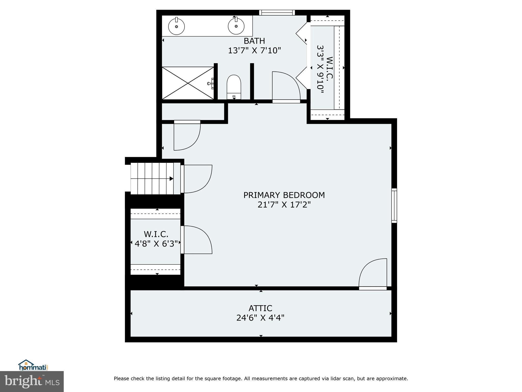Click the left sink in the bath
coord(176,26)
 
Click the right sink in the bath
coord(236,26)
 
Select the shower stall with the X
coord(188,83)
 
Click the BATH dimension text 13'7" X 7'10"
coord(254,51)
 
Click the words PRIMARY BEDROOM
coord(284,195)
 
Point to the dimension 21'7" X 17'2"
coord(284,205)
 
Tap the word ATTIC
coord(260,308)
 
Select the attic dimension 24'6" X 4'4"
coord(260,318)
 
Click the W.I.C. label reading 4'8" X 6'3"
coord(156,244)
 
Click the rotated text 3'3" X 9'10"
coord(320,69)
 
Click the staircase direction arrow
coord(171,179)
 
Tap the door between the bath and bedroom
coord(286,87)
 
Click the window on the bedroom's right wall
coord(394,205)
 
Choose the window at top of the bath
coord(277,13)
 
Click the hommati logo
coord(33,365)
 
